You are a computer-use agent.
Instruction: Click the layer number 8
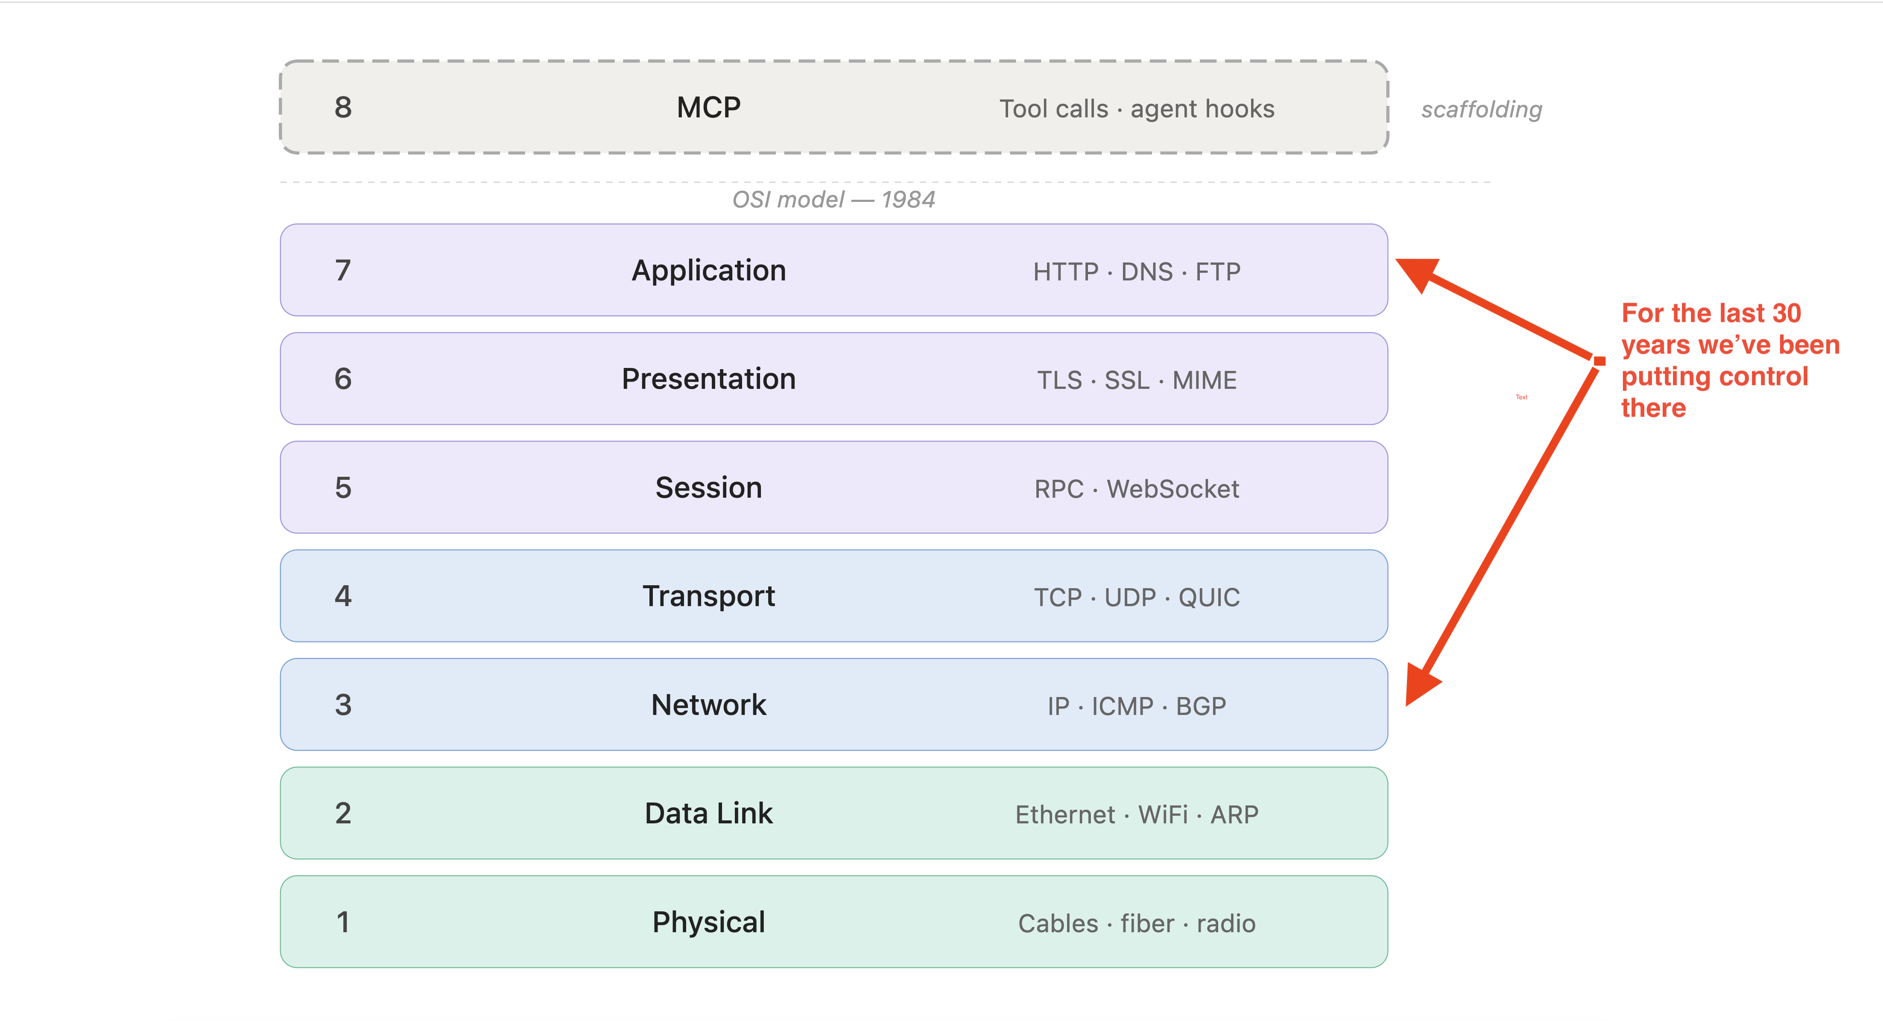coord(343,108)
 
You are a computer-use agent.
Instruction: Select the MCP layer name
coord(708,108)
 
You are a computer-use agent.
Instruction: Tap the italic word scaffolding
coord(1481,110)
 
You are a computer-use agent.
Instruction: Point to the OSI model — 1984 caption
coord(833,199)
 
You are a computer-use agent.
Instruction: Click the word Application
coord(708,271)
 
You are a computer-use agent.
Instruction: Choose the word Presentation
coord(708,379)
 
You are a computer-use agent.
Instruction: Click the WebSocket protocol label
coord(1172,489)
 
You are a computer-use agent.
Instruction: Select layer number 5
coord(343,487)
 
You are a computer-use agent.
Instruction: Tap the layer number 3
coord(343,705)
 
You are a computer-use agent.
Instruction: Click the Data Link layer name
coord(708,814)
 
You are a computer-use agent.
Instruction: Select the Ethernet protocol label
coord(1065,815)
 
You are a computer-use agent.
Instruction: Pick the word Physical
coord(708,922)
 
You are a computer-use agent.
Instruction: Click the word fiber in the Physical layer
coord(1147,924)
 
